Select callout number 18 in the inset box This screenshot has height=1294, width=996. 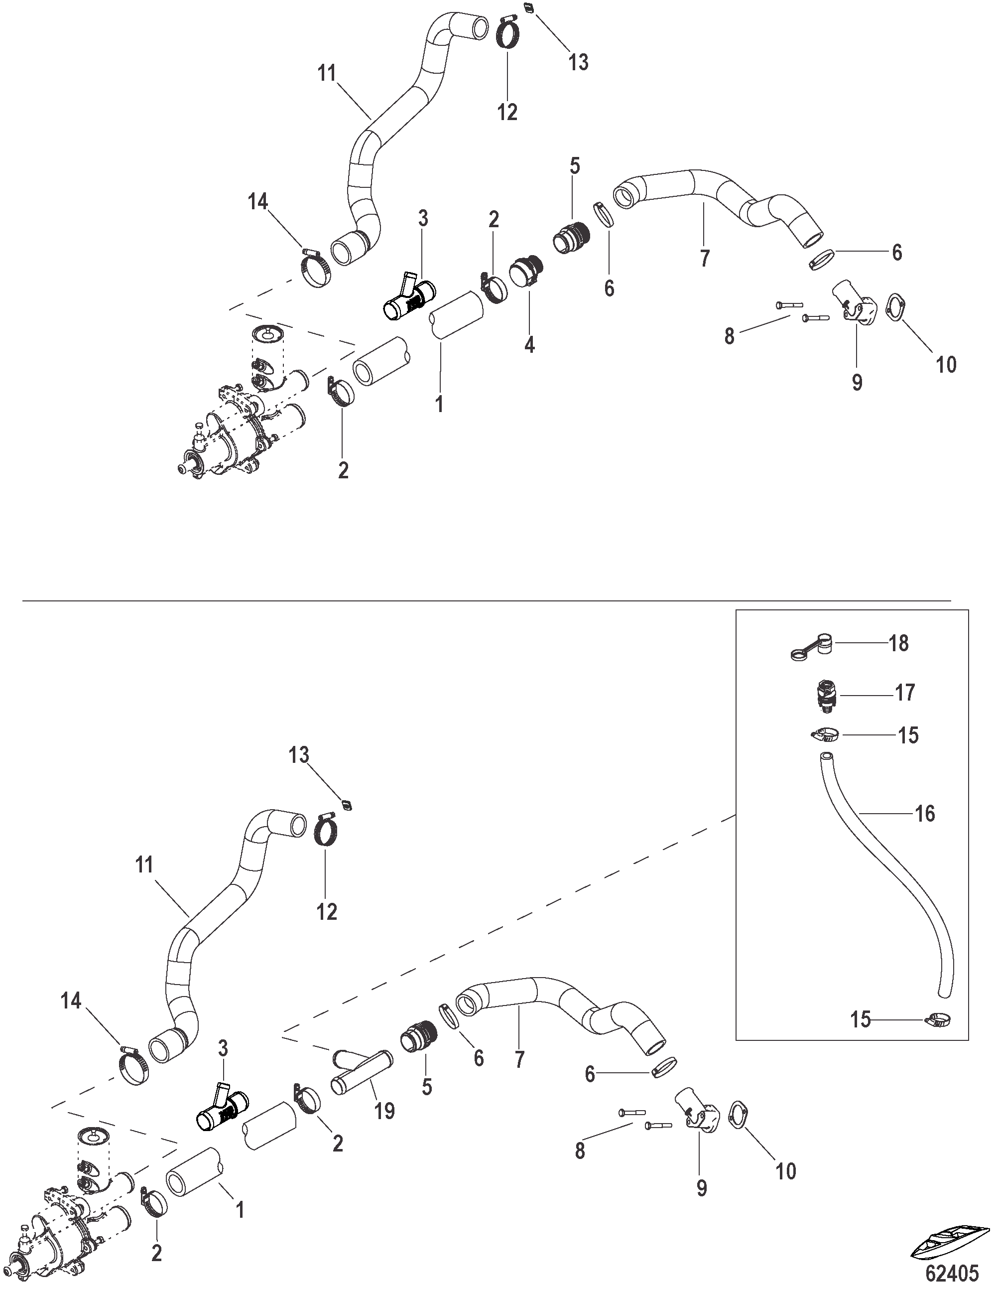898,643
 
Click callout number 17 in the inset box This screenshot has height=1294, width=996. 905,693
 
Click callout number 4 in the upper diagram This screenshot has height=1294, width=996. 529,344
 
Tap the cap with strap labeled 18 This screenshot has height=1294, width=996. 812,646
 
